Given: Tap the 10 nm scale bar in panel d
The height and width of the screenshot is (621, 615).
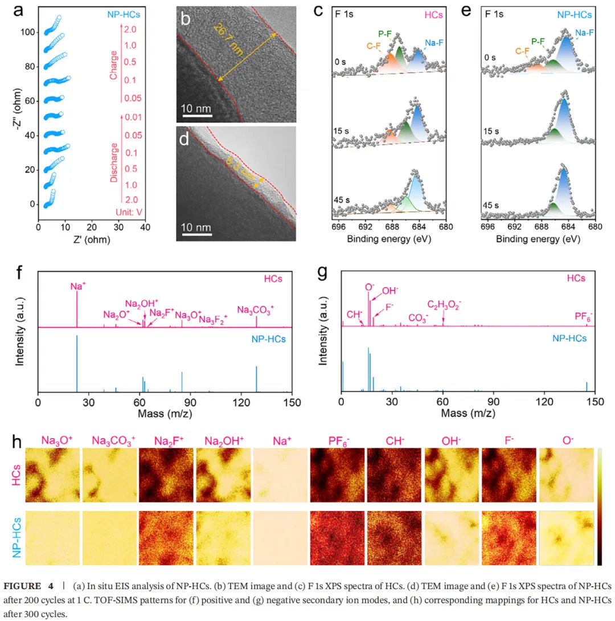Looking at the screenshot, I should [196, 233].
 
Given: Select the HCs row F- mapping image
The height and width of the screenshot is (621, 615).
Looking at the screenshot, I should [509, 475].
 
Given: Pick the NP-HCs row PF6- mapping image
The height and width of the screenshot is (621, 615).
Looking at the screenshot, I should [337, 538].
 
